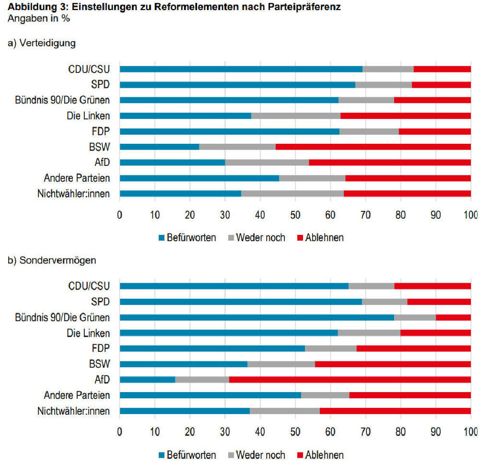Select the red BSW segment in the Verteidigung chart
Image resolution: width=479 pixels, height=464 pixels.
373,147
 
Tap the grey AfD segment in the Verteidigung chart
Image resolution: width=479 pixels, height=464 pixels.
267,162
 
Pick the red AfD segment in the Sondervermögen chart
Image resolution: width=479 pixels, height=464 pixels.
350,380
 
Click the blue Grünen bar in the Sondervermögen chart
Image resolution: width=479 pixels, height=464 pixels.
257,317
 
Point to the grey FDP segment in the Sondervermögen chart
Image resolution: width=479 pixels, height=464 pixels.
331,348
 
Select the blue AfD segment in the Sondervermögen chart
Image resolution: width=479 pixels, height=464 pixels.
147,380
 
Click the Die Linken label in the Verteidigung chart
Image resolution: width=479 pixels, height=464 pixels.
88,116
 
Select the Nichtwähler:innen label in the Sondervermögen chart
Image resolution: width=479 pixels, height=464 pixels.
73,411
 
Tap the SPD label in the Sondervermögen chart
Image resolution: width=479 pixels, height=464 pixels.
100,302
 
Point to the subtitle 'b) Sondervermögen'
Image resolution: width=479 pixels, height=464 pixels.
52,260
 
